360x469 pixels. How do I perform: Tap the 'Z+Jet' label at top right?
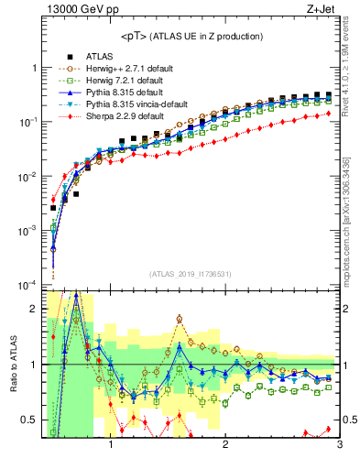(x=322, y=10)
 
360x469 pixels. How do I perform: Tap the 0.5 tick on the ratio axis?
(x=30, y=420)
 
